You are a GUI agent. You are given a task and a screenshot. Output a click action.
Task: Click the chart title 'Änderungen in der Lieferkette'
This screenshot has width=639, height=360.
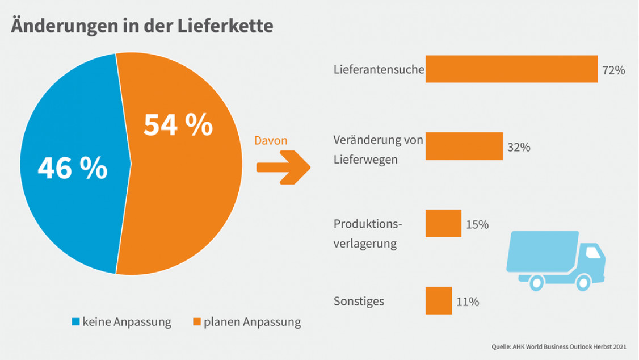tap(142, 26)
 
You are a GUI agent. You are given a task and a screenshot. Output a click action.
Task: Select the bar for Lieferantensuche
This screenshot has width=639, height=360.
tap(511, 69)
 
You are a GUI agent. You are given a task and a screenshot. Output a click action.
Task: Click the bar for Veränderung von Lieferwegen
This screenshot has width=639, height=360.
tap(464, 146)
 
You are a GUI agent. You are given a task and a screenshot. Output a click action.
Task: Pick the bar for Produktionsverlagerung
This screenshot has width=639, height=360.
tap(443, 223)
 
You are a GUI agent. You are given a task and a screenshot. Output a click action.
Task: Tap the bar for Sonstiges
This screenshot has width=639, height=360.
tap(439, 301)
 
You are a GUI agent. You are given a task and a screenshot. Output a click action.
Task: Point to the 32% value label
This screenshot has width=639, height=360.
tap(519, 148)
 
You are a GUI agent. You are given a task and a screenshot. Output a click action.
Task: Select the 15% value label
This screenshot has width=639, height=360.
tap(477, 225)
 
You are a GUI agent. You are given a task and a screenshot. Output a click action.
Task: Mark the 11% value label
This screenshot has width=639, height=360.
tap(468, 302)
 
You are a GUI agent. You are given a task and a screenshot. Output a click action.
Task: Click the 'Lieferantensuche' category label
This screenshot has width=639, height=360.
tap(379, 70)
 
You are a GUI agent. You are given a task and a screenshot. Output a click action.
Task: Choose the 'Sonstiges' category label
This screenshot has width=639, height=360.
tap(359, 301)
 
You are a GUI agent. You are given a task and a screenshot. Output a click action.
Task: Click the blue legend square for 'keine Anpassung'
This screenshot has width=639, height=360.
tap(75, 323)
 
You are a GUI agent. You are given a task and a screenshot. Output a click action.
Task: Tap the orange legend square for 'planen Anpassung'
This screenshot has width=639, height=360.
tap(197, 323)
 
